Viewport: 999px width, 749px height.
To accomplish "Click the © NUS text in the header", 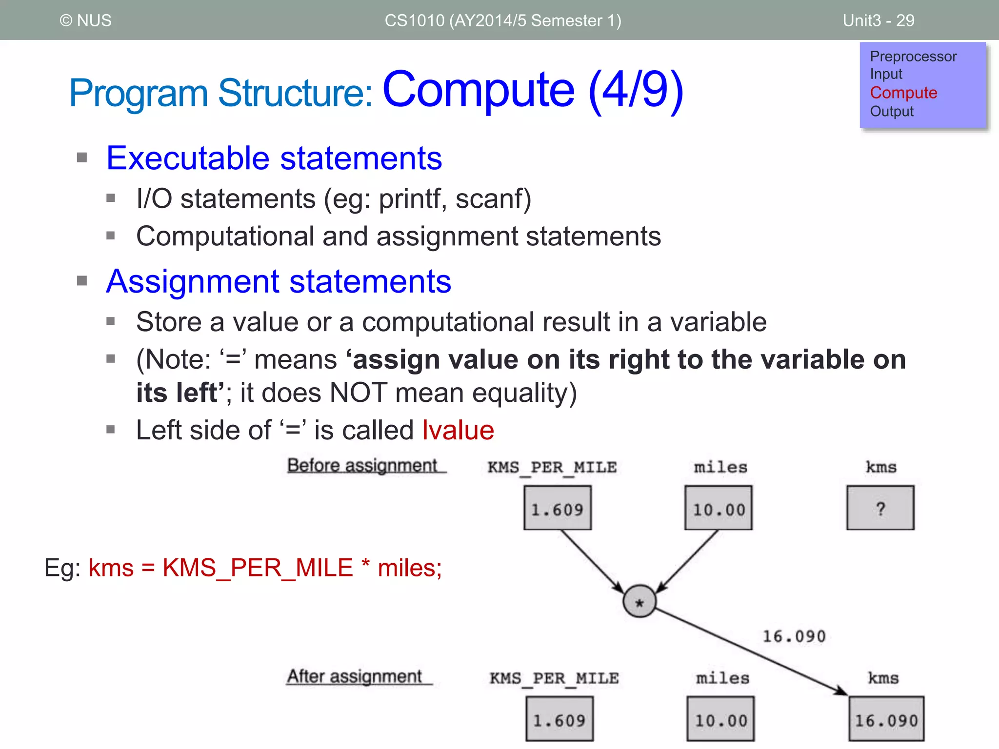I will (x=85, y=20).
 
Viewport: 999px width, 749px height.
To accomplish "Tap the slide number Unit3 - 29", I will (x=878, y=20).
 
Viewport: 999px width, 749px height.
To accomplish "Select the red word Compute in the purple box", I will (x=903, y=93).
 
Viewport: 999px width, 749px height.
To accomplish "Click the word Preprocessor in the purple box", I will (x=913, y=57).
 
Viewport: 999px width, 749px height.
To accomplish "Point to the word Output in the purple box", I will (x=892, y=111).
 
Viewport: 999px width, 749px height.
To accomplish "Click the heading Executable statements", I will (x=274, y=158).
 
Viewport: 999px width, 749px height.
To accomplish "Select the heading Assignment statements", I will (x=279, y=281).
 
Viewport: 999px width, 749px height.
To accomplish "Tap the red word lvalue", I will (x=458, y=430).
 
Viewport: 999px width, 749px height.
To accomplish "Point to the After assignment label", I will (x=355, y=676).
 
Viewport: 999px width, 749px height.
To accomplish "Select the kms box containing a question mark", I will (x=880, y=508).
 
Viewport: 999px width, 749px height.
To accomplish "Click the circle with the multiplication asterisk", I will (x=639, y=601).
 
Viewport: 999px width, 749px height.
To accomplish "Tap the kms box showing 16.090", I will (x=886, y=720).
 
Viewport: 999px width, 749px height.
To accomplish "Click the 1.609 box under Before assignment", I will (x=558, y=508).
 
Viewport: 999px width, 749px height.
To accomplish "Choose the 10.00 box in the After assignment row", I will (x=720, y=720).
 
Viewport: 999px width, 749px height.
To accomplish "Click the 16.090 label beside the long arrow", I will (x=794, y=636).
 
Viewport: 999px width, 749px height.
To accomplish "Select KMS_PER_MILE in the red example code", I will (x=258, y=568).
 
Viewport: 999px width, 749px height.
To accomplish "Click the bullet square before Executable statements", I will (x=82, y=158).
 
